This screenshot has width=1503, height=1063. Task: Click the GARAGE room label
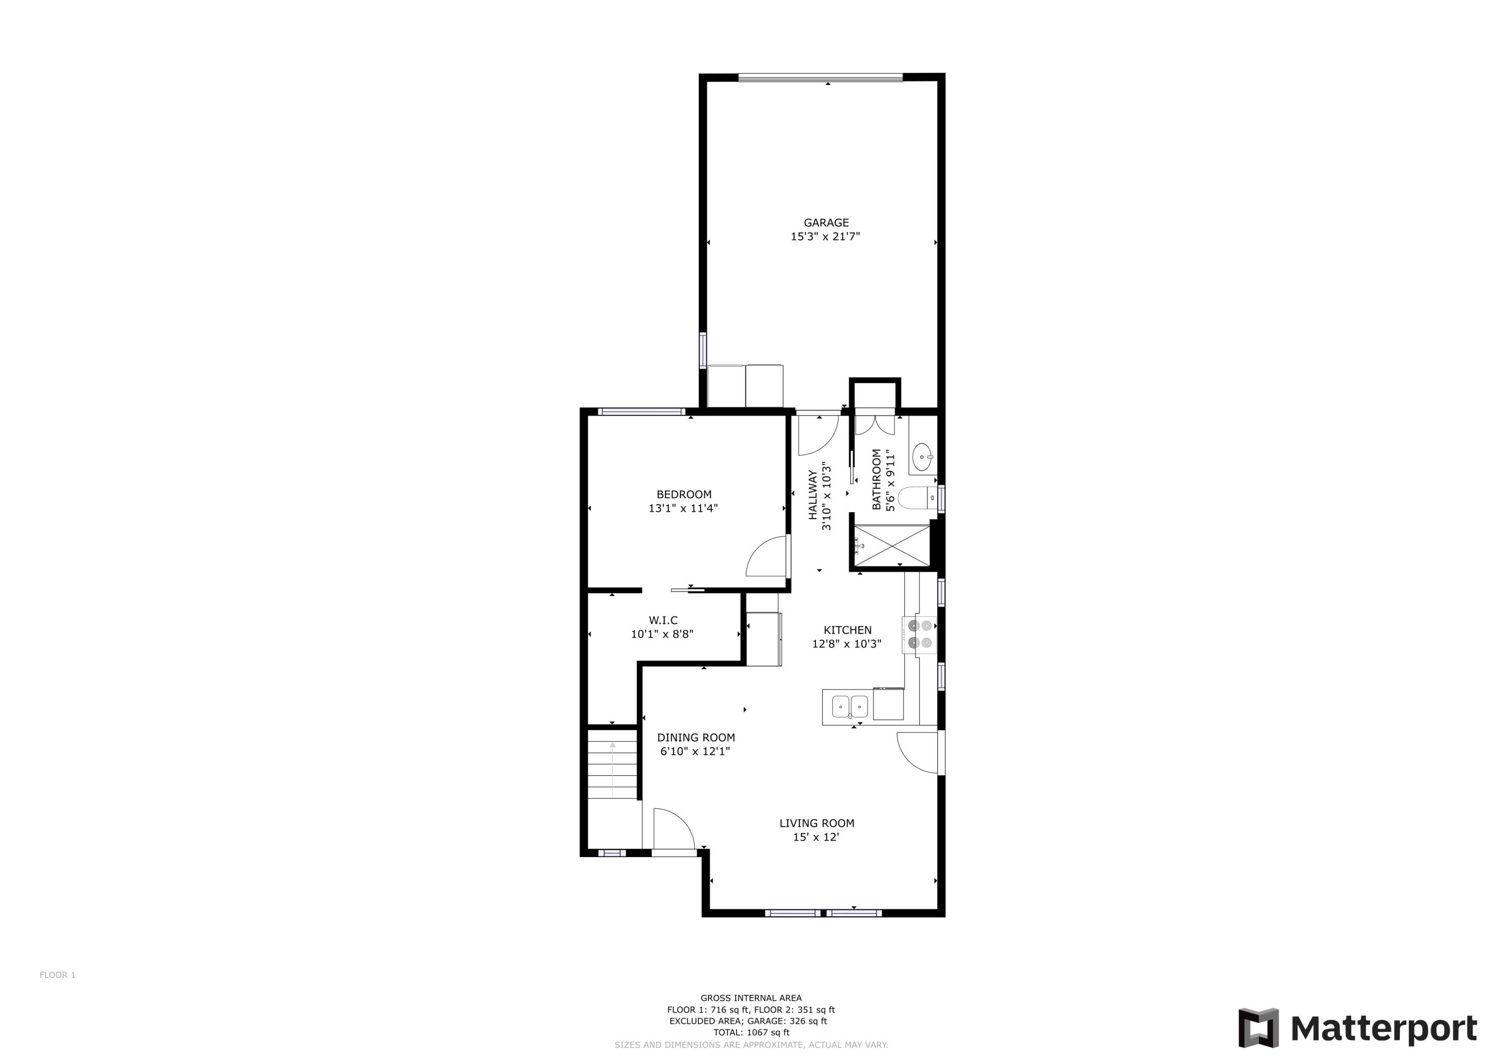[x=826, y=223]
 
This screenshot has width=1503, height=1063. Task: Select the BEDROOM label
[x=683, y=495]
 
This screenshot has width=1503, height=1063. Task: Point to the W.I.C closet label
[x=663, y=620]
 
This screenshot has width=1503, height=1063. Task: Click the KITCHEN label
[x=847, y=630]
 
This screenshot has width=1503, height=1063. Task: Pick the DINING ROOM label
[x=696, y=738]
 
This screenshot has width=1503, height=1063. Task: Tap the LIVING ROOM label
[x=816, y=823]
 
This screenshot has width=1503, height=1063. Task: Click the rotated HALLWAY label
[x=813, y=495]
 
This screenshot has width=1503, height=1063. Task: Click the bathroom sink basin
[x=922, y=456]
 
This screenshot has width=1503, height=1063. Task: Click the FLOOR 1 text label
[x=58, y=975]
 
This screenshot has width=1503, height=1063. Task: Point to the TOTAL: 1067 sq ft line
[x=751, y=1032]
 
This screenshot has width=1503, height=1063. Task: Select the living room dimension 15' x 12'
[x=816, y=837]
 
